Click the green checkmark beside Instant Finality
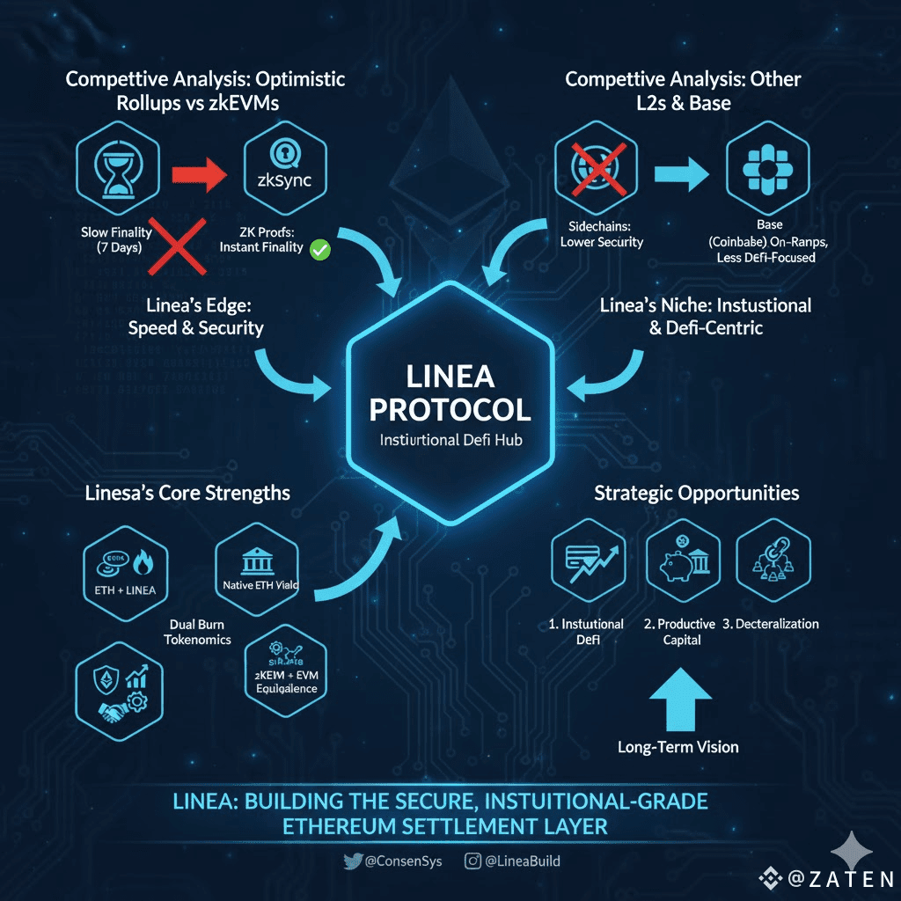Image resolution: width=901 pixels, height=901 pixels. point(320,250)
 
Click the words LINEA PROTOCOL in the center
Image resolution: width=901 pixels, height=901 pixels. point(450,393)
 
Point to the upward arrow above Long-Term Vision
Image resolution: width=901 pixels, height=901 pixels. point(678,698)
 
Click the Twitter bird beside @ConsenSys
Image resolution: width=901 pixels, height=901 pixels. point(353,861)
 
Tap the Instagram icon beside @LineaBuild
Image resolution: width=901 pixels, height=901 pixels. point(472,861)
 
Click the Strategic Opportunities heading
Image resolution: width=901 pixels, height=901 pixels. point(696,493)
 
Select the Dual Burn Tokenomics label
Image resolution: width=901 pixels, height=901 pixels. point(197,632)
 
